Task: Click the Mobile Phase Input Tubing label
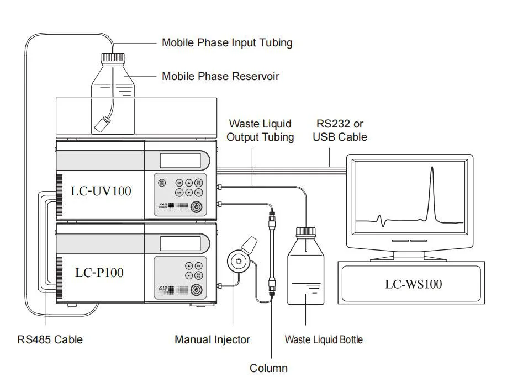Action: (x=227, y=42)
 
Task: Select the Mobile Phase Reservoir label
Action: (x=220, y=76)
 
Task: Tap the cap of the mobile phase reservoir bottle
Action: (x=113, y=56)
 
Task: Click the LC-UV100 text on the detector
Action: (x=101, y=191)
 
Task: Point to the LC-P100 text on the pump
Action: (x=99, y=272)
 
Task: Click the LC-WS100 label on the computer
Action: (x=413, y=284)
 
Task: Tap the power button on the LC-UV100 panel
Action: (x=196, y=207)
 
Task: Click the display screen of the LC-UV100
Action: (x=180, y=161)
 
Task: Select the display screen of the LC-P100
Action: (x=180, y=242)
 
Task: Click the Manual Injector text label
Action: (x=212, y=339)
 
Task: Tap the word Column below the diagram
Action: (x=268, y=368)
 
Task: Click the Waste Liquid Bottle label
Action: (x=324, y=339)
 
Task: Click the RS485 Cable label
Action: (x=50, y=339)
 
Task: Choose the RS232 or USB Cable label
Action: (x=340, y=130)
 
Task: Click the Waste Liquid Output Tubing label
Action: (x=260, y=130)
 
